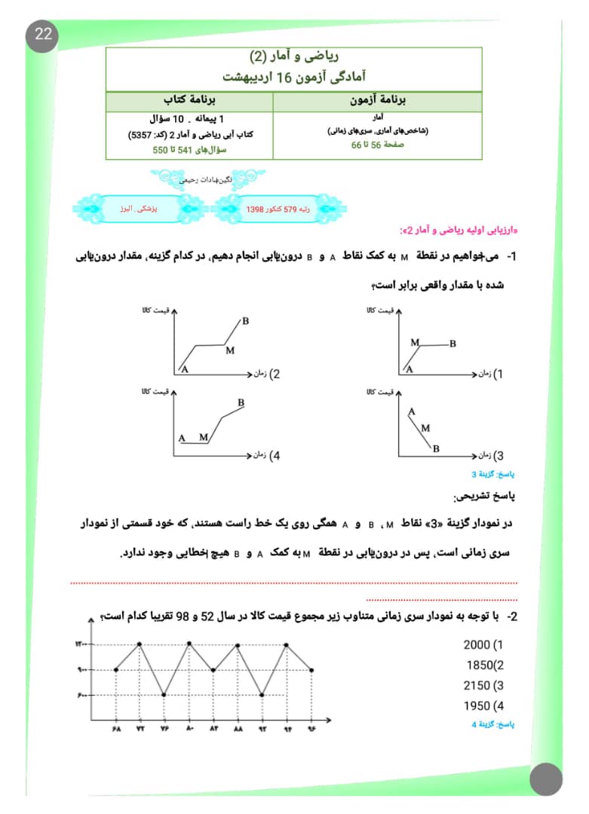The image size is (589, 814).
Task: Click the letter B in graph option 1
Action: point(452,344)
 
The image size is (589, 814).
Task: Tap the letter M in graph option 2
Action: point(230,350)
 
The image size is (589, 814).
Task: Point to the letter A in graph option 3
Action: point(412,412)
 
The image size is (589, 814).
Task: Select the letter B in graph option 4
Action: point(241,402)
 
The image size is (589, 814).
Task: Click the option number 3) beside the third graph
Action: point(498,455)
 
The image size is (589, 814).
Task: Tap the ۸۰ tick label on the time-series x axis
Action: point(189,728)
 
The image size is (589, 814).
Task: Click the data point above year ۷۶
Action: point(164,694)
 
